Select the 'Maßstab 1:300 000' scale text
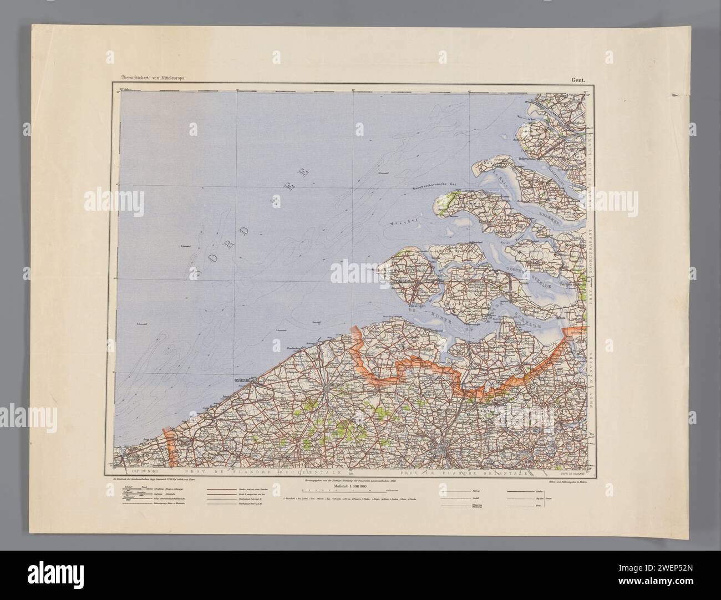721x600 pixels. [354, 485]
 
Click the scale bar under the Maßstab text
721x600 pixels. [355, 491]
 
